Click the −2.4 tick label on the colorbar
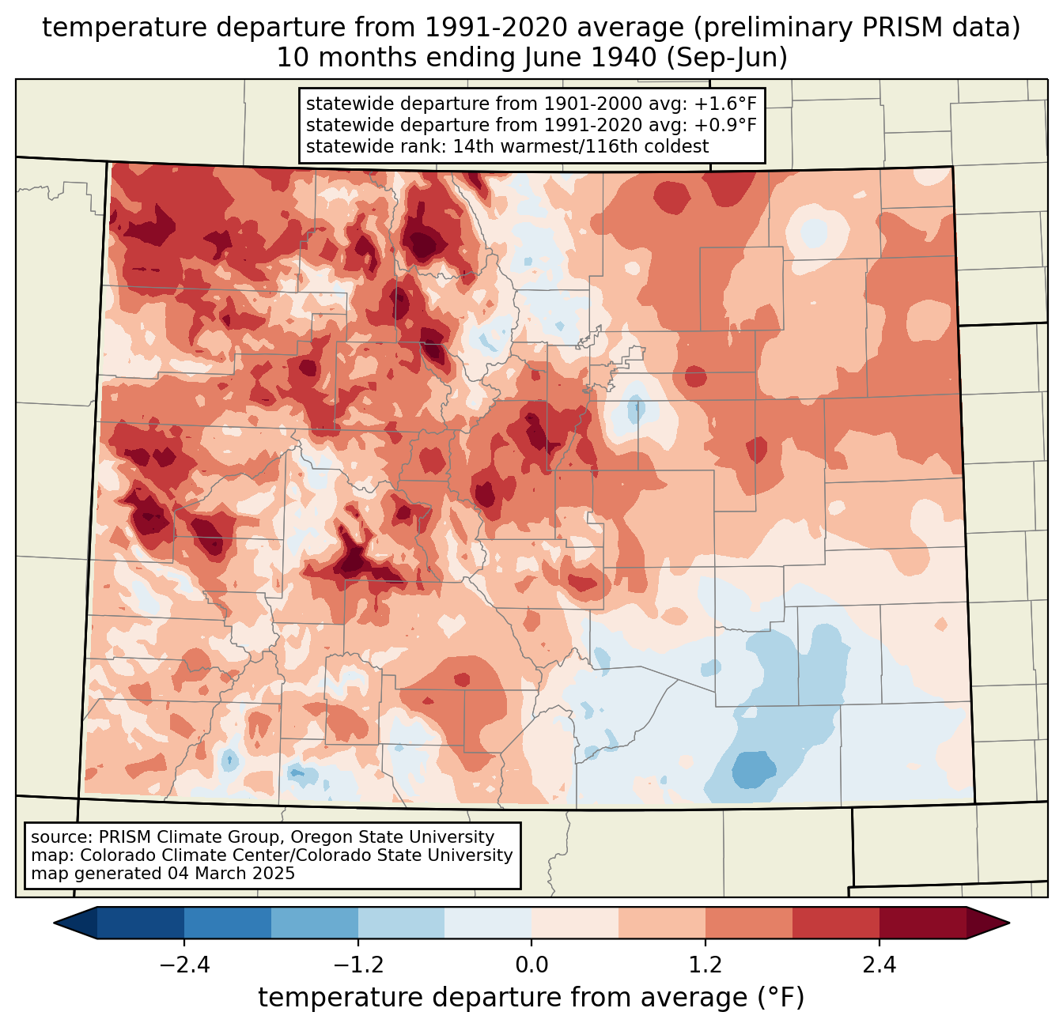(184, 965)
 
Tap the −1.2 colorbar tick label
(358, 965)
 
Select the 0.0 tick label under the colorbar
(531, 965)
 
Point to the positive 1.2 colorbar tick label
(706, 965)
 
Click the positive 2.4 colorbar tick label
(880, 965)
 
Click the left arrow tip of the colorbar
(54, 923)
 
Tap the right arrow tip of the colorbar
(1009, 923)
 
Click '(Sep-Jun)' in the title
(727, 58)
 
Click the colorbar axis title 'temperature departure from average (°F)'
(531, 997)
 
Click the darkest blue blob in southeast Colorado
(753, 769)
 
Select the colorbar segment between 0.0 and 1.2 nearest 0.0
(575, 923)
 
